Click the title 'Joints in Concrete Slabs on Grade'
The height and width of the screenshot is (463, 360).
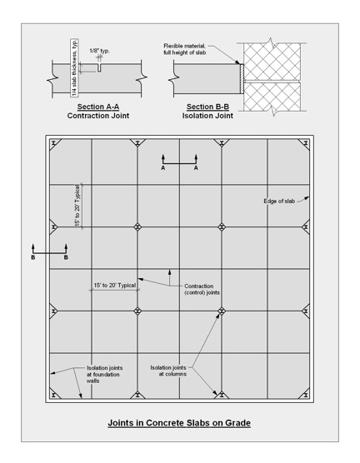click(x=179, y=423)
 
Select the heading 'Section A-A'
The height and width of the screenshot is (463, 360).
click(x=98, y=107)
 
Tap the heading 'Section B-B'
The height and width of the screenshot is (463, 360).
click(x=207, y=107)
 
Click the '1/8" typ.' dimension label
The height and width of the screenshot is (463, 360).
click(x=100, y=51)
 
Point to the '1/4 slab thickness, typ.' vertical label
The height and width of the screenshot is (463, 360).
click(x=74, y=67)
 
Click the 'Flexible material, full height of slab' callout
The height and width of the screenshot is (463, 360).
click(x=185, y=49)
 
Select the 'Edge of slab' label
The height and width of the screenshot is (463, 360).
click(x=279, y=201)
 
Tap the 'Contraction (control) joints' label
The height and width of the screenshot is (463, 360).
click(x=202, y=290)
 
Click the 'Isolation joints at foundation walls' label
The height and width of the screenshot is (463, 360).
click(x=104, y=374)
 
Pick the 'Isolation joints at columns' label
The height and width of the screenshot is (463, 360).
click(x=168, y=371)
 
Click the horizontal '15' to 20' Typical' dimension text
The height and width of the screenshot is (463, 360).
click(x=115, y=286)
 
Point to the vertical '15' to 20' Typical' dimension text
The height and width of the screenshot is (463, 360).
click(x=77, y=206)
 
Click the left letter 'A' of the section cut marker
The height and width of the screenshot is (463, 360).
click(x=162, y=168)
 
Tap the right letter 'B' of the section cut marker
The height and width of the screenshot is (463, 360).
click(x=66, y=257)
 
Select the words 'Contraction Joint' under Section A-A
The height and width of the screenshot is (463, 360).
click(x=98, y=116)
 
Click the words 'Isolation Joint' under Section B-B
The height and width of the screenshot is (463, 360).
click(x=207, y=116)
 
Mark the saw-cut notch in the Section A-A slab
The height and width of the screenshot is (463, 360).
click(x=99, y=67)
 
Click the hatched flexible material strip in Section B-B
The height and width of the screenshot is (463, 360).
click(x=242, y=79)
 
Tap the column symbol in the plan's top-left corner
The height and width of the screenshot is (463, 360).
click(x=54, y=143)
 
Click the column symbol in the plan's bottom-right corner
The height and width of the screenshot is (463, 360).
click(x=306, y=395)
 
